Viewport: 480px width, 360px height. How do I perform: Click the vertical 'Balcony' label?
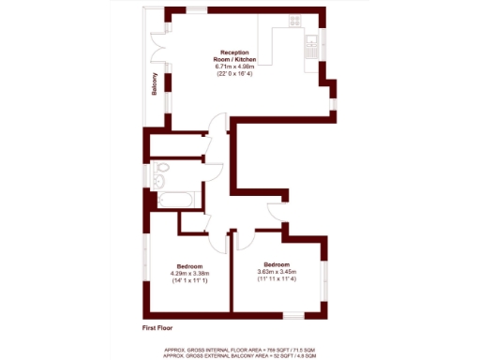(x=155, y=85)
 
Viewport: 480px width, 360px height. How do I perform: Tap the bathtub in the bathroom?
(x=176, y=199)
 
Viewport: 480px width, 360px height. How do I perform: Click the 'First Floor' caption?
(x=159, y=329)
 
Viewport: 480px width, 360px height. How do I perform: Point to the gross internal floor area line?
(x=239, y=348)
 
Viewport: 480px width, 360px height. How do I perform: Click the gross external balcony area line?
(x=239, y=354)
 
